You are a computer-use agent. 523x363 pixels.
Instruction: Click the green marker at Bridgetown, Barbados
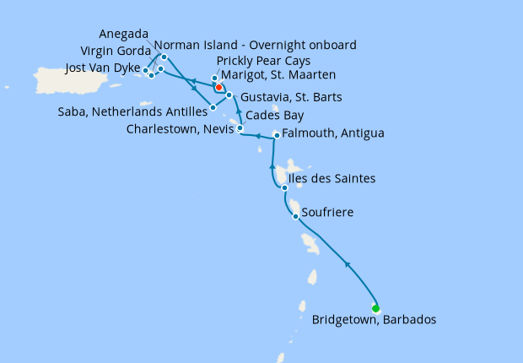coord(375,307)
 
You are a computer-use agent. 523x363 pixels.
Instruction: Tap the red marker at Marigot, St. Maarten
coord(218,87)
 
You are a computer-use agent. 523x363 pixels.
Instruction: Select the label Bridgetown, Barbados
coord(374,320)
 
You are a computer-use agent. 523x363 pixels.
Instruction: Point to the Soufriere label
coord(327,212)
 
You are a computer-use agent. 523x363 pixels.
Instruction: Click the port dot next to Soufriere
coord(295,217)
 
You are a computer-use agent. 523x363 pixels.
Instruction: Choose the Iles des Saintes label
coord(332,179)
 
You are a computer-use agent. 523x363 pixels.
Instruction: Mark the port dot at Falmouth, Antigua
coord(277,135)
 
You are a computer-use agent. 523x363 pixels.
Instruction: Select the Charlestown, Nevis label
coord(181,129)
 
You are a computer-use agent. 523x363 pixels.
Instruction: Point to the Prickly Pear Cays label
coord(263,62)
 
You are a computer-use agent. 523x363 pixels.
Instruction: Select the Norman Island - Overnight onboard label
coord(255,45)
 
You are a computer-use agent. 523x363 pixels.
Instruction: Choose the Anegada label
coord(125,35)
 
